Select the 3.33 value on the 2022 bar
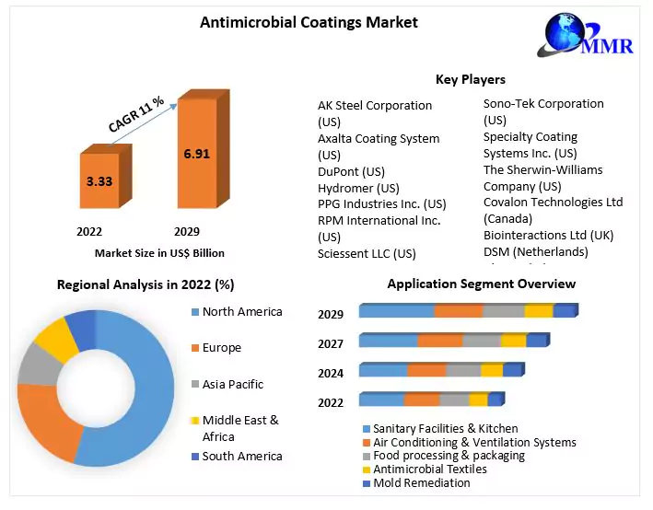coord(99,181)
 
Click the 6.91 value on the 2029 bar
coord(196,154)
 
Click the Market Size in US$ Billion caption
coord(159,252)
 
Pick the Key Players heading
coord(470,79)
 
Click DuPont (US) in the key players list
coord(351,171)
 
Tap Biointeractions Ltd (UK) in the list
coord(548,235)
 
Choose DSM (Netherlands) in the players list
coord(535,251)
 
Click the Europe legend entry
coord(221,348)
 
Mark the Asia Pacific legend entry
coord(232,384)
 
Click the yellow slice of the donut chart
coord(58,338)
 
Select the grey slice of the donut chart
coord(38,364)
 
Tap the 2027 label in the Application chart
coord(331,343)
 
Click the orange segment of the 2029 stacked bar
coord(458,311)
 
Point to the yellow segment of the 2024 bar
coord(492,370)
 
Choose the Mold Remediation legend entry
coord(421,482)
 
